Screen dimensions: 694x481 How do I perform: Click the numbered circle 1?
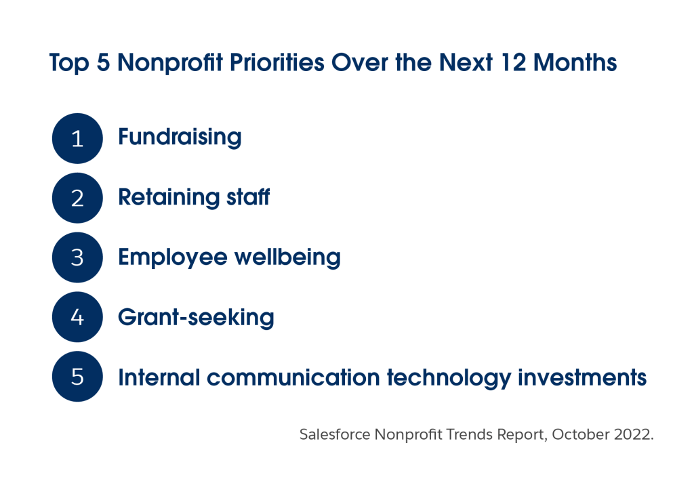[77, 138]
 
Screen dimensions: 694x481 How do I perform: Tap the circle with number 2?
[77, 198]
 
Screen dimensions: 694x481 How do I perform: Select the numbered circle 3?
[77, 257]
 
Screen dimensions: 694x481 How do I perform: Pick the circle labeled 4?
[77, 317]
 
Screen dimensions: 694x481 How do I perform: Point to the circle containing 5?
[77, 377]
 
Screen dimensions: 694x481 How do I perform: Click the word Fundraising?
[180, 138]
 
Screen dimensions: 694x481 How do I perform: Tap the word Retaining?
[169, 198]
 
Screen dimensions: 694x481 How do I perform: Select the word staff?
[248, 197]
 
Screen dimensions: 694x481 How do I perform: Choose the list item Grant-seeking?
[196, 318]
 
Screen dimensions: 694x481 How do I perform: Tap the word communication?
[293, 377]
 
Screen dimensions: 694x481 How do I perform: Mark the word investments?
[582, 378]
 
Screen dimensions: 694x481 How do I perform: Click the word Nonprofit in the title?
[170, 62]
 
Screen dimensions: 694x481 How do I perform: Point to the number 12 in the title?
[514, 62]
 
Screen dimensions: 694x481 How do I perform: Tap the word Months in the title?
[575, 62]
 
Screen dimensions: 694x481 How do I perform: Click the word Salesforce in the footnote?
[335, 434]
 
